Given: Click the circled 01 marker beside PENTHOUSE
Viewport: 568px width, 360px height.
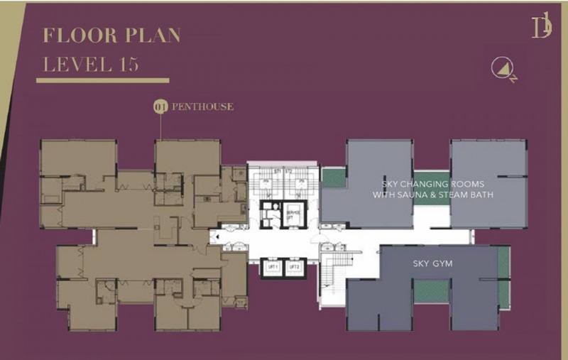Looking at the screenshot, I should click(160, 107).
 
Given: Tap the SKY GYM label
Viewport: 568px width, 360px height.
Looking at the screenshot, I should click(432, 263).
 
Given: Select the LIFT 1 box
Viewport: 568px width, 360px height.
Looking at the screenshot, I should click(271, 266).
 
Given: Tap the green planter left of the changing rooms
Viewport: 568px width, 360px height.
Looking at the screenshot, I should click(332, 178).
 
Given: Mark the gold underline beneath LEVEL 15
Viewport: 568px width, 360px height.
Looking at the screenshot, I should click(102, 80).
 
